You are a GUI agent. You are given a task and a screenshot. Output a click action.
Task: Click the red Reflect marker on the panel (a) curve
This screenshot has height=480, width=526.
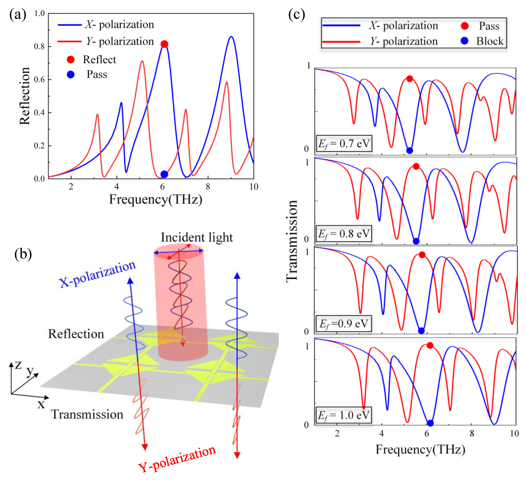[x=164, y=44]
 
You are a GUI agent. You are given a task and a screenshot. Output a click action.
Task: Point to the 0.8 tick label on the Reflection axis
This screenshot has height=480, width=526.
[x=39, y=47]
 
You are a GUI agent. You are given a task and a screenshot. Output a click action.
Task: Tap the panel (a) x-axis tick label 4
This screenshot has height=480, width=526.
[x=116, y=186]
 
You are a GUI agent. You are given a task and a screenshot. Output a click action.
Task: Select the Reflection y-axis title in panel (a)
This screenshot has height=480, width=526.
[x=25, y=96]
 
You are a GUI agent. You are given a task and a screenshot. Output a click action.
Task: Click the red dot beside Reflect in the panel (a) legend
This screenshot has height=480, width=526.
[x=71, y=60]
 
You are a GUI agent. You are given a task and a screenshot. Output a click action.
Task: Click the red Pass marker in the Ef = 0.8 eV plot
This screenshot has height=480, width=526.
[x=416, y=166]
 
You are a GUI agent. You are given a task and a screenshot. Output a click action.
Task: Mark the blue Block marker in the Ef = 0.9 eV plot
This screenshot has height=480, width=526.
[x=421, y=331]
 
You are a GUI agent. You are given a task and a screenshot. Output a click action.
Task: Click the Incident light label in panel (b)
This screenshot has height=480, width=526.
[x=196, y=237]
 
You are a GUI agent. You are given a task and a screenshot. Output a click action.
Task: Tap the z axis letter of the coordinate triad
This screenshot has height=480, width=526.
[x=18, y=365]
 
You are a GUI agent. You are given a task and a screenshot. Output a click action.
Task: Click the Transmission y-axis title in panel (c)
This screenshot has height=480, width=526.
[x=292, y=241]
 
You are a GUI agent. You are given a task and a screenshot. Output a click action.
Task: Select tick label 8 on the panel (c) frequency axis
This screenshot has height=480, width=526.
[x=472, y=433]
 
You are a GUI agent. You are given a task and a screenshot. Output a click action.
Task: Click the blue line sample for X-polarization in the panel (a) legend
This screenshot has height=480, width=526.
[x=70, y=25]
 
